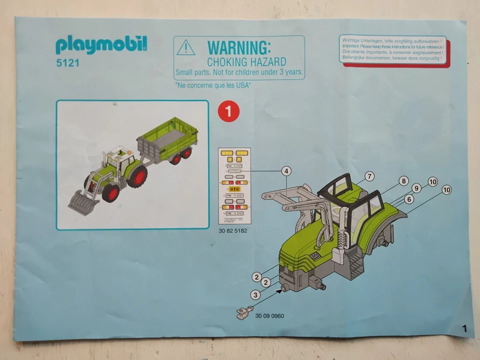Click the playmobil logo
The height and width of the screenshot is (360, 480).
click(x=101, y=45)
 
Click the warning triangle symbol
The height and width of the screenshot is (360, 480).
click(x=185, y=48)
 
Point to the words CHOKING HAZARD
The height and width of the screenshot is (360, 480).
click(x=246, y=62)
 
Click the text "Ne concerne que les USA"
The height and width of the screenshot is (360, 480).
click(x=213, y=85)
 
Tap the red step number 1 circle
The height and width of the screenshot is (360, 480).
click(x=228, y=111)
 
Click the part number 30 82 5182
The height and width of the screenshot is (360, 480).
click(x=233, y=231)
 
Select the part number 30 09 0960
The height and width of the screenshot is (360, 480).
click(x=269, y=316)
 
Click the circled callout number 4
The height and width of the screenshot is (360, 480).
click(x=286, y=171)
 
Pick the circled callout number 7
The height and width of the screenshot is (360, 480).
click(x=369, y=176)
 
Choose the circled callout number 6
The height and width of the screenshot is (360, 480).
click(x=409, y=199)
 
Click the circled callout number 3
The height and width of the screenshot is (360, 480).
click(x=255, y=295)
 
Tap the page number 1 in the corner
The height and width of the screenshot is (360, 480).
click(x=464, y=328)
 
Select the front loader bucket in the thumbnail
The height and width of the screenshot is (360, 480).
click(x=81, y=204)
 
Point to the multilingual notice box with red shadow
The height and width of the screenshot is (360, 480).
click(x=393, y=49)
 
